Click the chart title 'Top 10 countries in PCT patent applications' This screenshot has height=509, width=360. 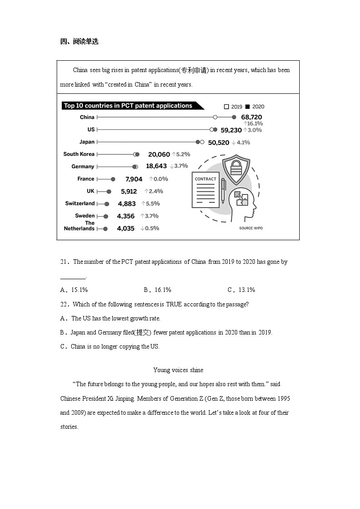[128, 106]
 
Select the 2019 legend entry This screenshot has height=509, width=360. [234, 107]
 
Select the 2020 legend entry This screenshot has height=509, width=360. [254, 107]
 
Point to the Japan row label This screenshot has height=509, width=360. [87, 142]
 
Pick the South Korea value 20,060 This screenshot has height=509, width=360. [159, 155]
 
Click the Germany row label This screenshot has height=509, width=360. [83, 166]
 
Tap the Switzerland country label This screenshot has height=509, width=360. [80, 204]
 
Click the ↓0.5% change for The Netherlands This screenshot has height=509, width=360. [150, 228]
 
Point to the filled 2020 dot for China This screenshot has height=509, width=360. [234, 117]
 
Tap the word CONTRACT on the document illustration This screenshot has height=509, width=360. [205, 179]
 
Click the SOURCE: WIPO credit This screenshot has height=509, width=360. [251, 228]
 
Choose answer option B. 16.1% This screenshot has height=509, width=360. [157, 290]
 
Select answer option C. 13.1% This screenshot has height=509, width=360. [241, 290]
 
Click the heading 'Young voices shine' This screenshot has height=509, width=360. [178, 370]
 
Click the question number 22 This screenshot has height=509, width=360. [65, 305]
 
